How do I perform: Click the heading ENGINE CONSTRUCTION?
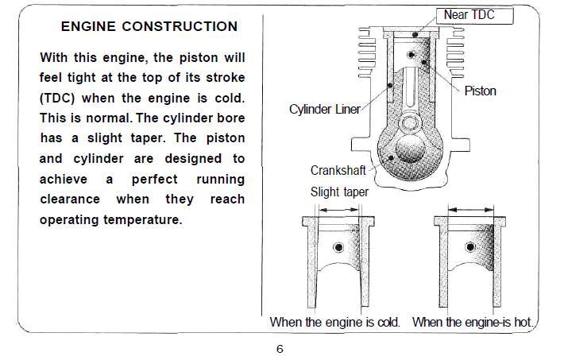[149, 27]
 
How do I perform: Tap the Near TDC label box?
[475, 16]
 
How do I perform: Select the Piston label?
[480, 91]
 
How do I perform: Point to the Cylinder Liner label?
[324, 109]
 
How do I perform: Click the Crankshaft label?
[338, 170]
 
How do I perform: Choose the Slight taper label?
[339, 192]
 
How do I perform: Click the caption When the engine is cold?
[335, 322]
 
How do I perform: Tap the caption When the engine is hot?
[473, 322]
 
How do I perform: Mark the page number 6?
[280, 349]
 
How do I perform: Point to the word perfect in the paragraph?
[155, 180]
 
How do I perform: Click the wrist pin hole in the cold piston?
[338, 247]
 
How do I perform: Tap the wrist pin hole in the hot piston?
[470, 247]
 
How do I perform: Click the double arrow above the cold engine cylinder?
[339, 210]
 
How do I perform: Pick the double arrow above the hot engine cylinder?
[471, 210]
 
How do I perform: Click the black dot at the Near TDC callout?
[415, 34]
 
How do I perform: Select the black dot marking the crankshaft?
[391, 158]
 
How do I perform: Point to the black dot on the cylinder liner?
[389, 85]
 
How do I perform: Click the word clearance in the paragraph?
[70, 199]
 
